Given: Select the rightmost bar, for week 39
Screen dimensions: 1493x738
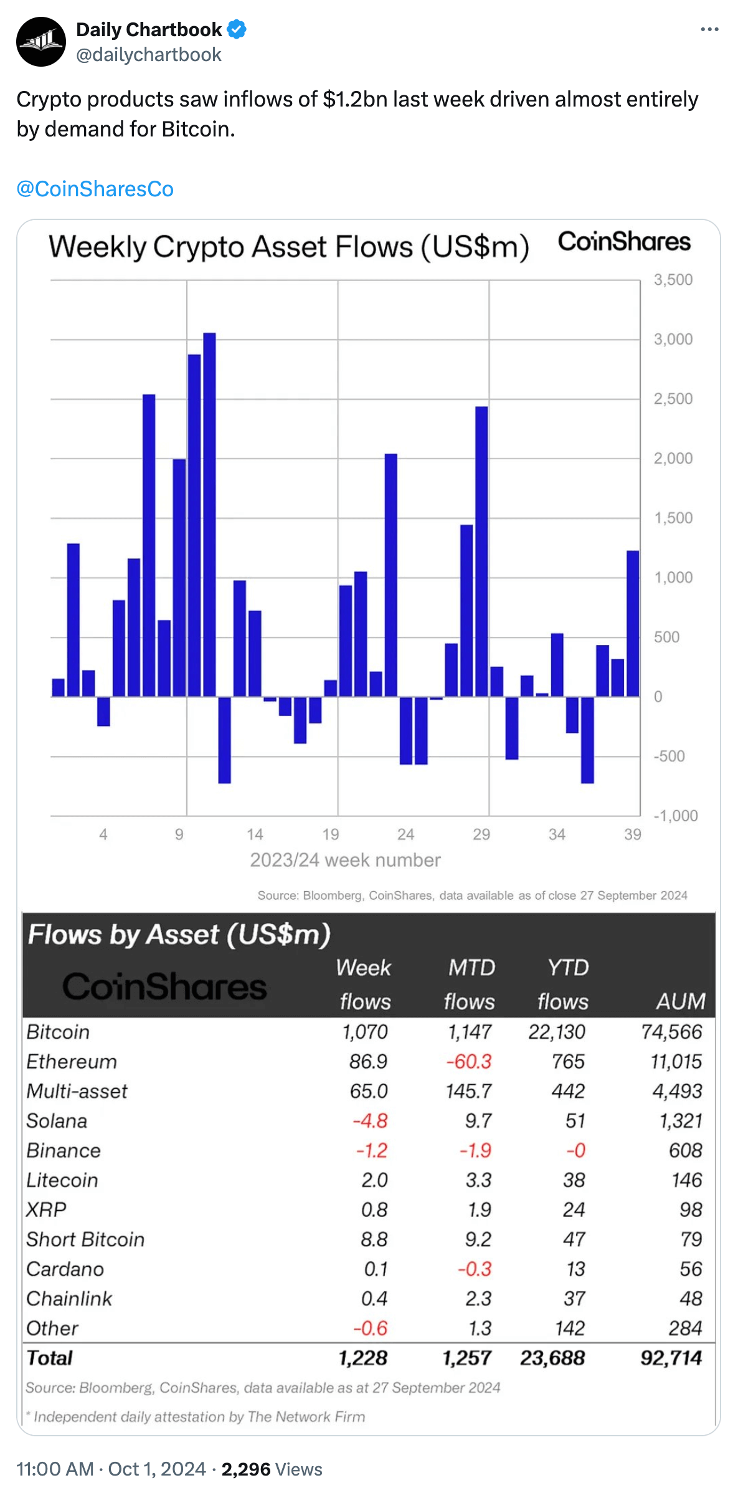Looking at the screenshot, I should point(633,623).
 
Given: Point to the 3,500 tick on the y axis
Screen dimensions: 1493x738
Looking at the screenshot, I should point(673,280).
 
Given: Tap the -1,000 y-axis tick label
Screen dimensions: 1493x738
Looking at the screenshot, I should point(675,816).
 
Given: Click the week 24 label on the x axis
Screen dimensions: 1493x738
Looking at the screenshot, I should point(406,834).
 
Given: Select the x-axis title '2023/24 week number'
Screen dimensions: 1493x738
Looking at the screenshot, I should point(345,860).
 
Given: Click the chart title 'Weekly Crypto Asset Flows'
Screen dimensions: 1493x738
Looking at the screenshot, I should point(289,247).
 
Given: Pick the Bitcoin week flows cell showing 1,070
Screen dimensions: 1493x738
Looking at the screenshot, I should point(365,1032).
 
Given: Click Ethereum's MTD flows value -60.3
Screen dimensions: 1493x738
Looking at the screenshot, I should point(469,1061).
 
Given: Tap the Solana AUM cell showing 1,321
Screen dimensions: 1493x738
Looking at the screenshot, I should point(681,1121).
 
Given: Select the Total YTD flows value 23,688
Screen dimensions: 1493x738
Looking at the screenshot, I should point(552,1358).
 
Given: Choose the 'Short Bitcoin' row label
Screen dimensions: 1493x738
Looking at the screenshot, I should point(85,1239).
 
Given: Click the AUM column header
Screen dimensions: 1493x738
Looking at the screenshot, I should point(681,1001).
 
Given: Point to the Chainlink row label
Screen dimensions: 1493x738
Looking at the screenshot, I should point(69,1299).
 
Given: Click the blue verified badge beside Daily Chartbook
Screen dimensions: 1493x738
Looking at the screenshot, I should point(237,29).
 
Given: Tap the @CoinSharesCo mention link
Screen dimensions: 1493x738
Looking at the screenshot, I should point(95,189).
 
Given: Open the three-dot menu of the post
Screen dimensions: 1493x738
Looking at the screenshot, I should point(709,29).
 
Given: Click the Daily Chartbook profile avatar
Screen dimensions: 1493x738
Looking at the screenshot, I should point(41,42).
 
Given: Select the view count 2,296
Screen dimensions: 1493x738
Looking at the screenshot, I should point(246,1469).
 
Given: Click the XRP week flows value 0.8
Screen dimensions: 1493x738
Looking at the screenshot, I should point(374,1209).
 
